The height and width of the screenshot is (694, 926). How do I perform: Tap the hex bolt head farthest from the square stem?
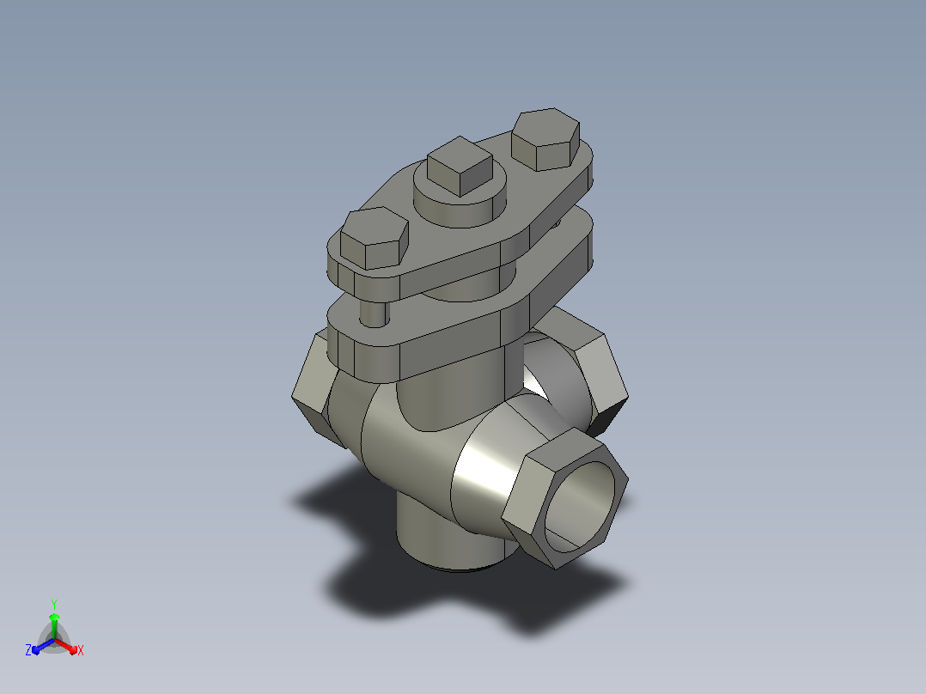pos(375,239)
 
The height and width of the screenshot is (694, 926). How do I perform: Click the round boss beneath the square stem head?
pos(460,201)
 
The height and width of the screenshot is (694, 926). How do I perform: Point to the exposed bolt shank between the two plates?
pos(374,313)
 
